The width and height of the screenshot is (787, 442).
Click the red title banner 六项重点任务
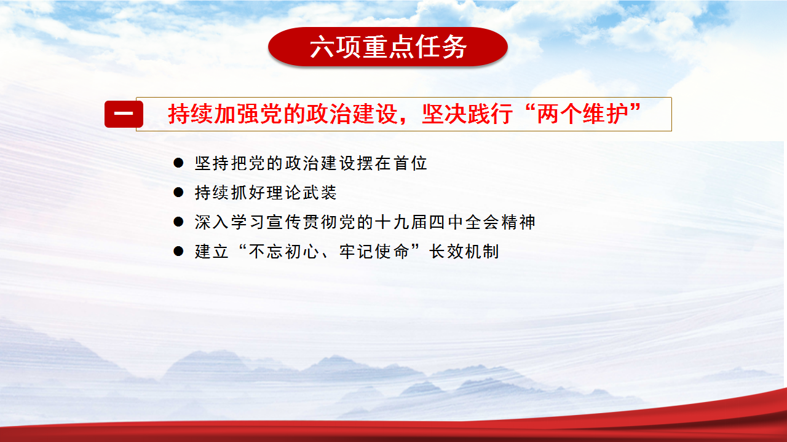click(388, 47)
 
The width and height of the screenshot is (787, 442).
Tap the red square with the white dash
click(124, 114)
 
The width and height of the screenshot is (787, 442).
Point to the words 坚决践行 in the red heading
click(467, 114)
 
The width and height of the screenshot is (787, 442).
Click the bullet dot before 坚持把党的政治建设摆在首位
click(178, 163)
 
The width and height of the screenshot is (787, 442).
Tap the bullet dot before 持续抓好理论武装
click(178, 192)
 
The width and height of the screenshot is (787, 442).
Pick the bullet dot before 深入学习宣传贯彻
click(178, 222)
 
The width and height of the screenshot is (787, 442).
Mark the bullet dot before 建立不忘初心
click(178, 251)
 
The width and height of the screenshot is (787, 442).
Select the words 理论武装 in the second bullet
click(301, 193)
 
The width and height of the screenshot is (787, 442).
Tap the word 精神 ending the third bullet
click(518, 222)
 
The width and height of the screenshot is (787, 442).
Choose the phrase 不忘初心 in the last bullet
click(284, 252)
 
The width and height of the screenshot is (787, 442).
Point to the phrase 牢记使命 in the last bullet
click(374, 252)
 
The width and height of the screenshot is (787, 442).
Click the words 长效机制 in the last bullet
click(464, 252)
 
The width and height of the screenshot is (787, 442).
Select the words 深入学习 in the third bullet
click(229, 222)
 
